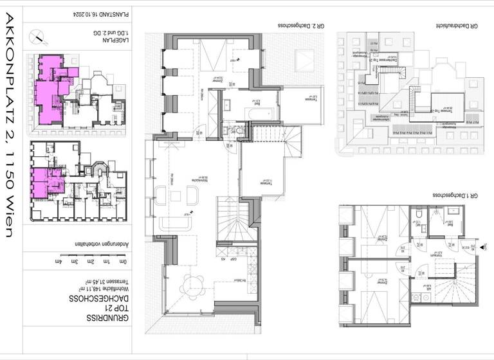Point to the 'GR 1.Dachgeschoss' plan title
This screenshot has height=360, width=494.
[455, 194]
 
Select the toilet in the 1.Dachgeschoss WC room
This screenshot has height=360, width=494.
[418, 215]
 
